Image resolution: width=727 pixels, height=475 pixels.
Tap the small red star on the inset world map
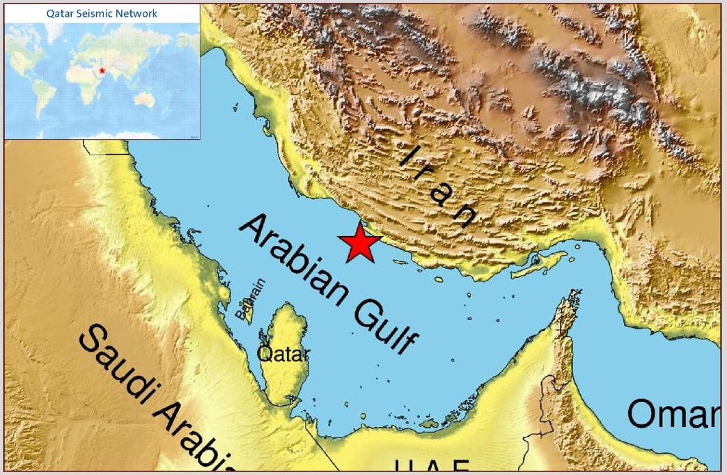coord(102,70)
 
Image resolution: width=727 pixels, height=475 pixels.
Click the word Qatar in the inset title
coord(58,13)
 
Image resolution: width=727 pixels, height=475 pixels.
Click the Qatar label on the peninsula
coord(283,355)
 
